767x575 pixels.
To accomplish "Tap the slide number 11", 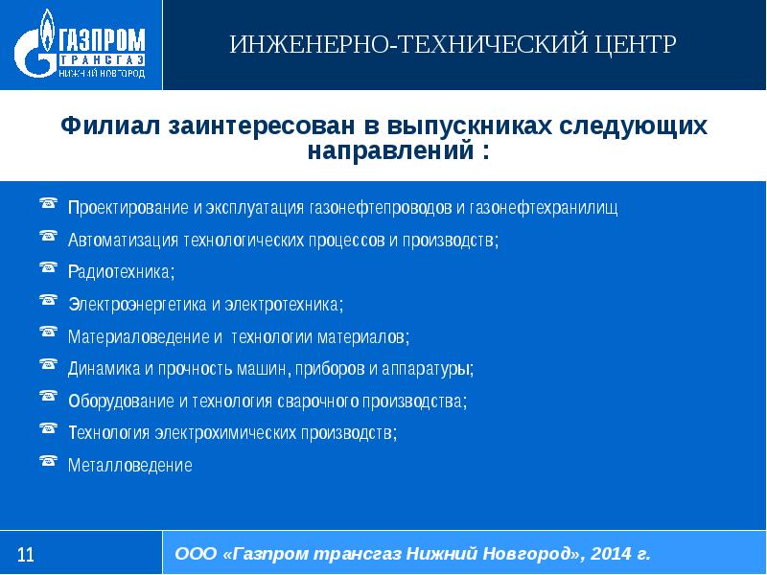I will click(x=26, y=554).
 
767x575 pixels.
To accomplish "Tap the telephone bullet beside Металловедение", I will click(x=48, y=461).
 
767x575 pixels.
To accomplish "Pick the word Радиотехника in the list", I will click(x=121, y=272).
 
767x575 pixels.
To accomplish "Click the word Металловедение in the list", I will click(x=130, y=466).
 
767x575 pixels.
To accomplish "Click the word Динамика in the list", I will click(x=100, y=368).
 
